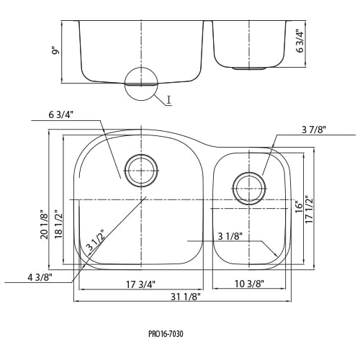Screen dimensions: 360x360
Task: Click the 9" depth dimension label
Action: pos(55,52)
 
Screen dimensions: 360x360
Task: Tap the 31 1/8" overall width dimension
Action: pos(186,297)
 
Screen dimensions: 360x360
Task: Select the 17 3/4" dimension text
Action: pos(141,284)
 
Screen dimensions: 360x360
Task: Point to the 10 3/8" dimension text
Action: pos(249,284)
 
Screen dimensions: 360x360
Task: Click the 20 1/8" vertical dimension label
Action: pos(45,225)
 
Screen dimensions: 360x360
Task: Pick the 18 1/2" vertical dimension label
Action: pos(58,225)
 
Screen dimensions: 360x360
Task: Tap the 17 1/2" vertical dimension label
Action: pos(309,210)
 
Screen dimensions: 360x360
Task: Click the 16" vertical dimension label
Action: pos(299,207)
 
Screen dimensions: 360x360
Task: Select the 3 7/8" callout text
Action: pos(314,130)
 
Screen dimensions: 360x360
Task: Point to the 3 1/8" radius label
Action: pos(230,237)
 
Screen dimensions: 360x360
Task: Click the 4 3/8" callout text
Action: pos(40,278)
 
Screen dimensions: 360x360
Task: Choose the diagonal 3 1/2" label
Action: pos(96,240)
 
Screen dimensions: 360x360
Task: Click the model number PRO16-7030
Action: pos(166,334)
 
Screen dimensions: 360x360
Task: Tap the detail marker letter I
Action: pos(169,100)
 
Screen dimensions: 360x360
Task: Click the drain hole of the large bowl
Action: pos(141,171)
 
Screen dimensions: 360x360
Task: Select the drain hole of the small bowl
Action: pos(249,188)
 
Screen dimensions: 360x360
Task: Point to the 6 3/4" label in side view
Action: pos(300,41)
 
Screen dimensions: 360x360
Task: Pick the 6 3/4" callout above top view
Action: pos(60,115)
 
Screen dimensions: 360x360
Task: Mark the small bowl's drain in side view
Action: pos(249,68)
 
